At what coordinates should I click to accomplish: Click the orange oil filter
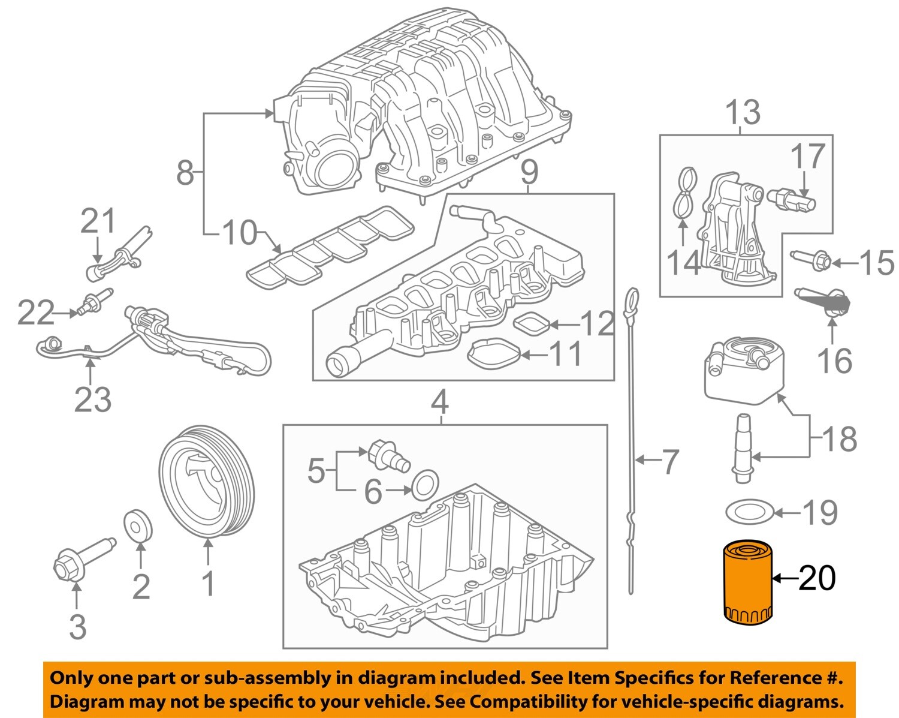(746, 581)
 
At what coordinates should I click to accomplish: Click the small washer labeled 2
(137, 525)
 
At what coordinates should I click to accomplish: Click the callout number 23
(92, 399)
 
